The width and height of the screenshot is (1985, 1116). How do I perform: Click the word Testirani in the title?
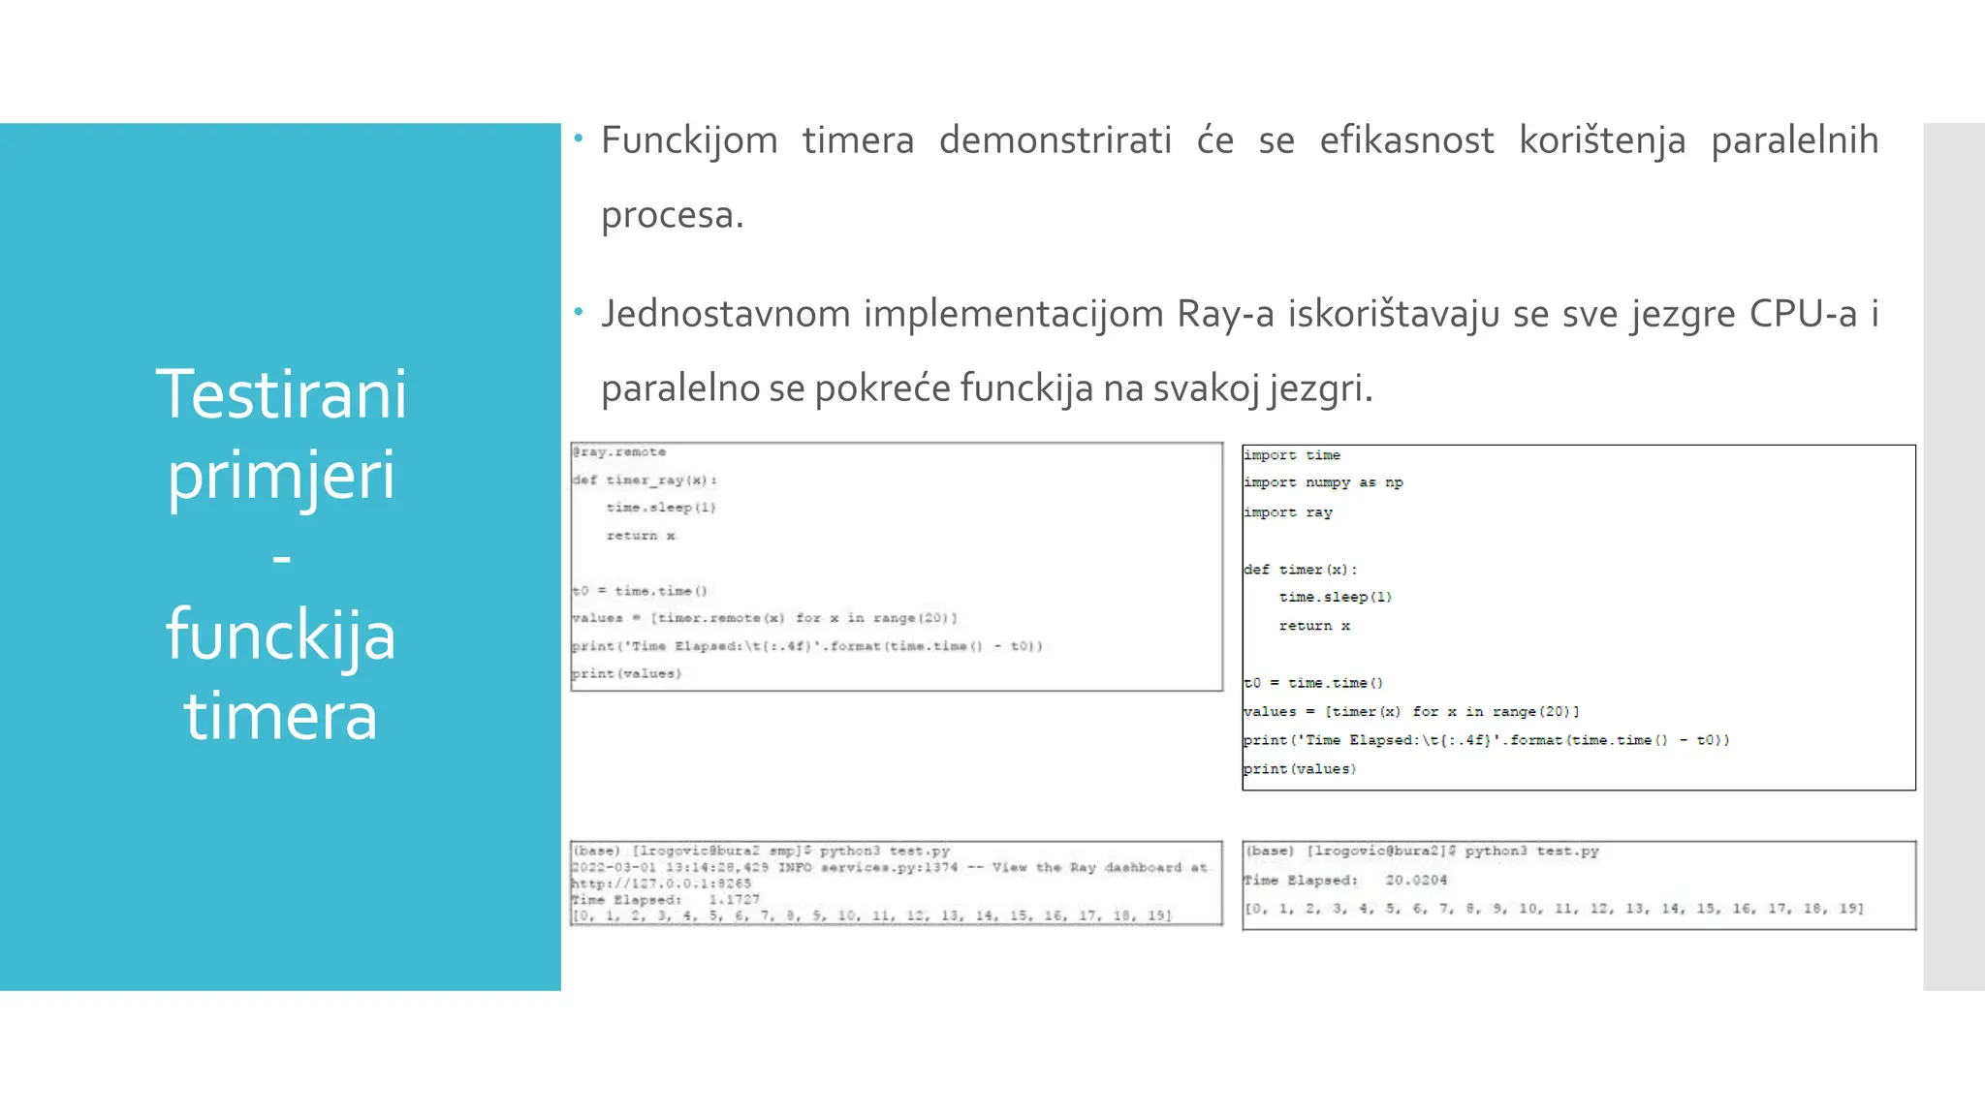pos(281,395)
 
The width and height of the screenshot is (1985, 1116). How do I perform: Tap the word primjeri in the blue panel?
pos(281,477)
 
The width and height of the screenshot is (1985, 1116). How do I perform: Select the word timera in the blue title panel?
pos(280,717)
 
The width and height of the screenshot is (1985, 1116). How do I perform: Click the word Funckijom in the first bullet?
pos(689,141)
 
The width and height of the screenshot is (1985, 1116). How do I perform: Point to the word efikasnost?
pos(1406,141)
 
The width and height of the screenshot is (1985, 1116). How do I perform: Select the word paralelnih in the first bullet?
pos(1794,141)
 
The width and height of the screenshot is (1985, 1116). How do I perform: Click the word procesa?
pos(672,215)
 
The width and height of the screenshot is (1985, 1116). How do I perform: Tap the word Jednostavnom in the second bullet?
pos(725,315)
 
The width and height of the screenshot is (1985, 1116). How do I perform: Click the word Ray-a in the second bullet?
pos(1225,315)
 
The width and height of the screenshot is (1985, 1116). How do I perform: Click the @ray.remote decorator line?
pos(619,452)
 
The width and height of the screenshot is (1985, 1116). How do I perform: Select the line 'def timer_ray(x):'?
pos(645,480)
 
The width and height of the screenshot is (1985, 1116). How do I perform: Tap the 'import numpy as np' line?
pos(1323,482)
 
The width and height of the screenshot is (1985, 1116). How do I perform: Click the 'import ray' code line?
pos(1288,512)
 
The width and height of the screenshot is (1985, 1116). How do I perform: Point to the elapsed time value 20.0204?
pos(1416,881)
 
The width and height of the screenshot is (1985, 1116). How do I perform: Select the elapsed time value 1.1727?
pos(734,900)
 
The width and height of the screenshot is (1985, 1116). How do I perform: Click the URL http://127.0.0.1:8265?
pos(661,883)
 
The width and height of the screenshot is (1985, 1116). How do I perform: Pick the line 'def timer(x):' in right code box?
pos(1301,570)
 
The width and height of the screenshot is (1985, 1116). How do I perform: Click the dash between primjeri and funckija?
pos(281,558)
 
